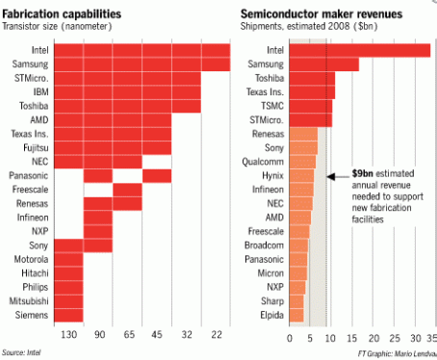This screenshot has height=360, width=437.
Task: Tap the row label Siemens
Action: coord(35,315)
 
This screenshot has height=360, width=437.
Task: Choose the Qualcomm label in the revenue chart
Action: coord(266,163)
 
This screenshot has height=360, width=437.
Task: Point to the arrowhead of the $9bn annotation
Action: coord(330,177)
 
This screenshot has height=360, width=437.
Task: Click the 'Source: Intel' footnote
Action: coord(22,352)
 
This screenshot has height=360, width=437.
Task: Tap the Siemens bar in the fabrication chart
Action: coord(68,315)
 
